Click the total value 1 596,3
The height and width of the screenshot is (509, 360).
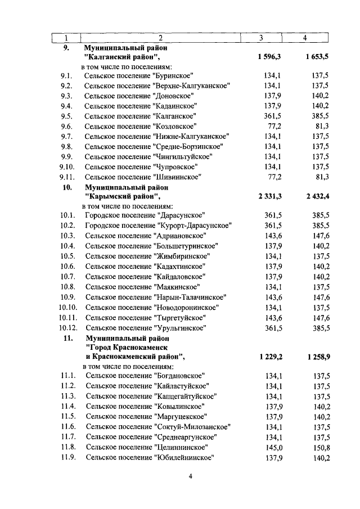pyautogui.click(x=269, y=57)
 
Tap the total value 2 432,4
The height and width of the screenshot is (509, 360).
pyautogui.click(x=313, y=196)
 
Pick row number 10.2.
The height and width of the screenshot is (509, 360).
pyautogui.click(x=66, y=226)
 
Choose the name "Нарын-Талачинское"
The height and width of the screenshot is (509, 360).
pyautogui.click(x=191, y=297)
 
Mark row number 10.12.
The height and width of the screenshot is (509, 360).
pyautogui.click(x=67, y=328)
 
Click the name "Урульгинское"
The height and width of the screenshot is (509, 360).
pyautogui.click(x=179, y=328)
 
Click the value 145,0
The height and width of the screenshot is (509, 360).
pyautogui.click(x=272, y=447)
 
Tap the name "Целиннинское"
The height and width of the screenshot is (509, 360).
pyautogui.click(x=180, y=447)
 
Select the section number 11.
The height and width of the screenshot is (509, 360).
pyautogui.click(x=68, y=338)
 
